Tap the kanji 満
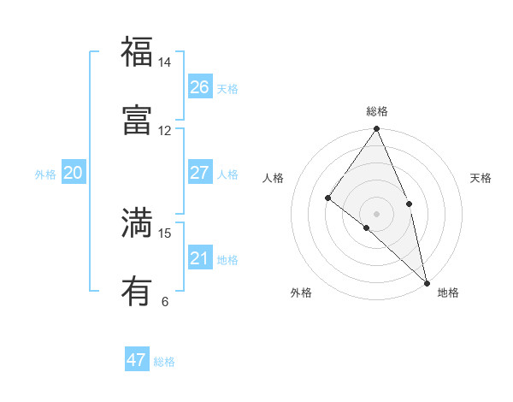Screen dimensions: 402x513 tap(137, 222)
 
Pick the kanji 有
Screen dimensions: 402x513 tap(137, 291)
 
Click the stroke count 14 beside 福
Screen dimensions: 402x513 tap(164, 62)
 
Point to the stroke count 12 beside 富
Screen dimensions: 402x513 tap(164, 131)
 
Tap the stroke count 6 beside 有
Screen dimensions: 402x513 tap(164, 302)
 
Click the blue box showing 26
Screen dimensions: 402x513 tap(200, 87)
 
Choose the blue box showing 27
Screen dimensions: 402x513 tap(200, 173)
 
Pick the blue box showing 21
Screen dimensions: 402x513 tap(200, 258)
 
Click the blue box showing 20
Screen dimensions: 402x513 tap(74, 173)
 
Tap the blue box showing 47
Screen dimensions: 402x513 tap(137, 360)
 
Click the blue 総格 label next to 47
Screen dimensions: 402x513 tap(164, 362)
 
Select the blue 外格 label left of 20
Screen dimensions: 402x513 tap(45, 174)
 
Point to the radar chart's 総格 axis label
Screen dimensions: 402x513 tap(377, 111)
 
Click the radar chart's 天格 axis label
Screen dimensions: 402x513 tap(481, 178)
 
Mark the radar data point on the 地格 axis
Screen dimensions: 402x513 tap(427, 281)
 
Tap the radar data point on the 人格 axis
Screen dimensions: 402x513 tap(327, 198)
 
